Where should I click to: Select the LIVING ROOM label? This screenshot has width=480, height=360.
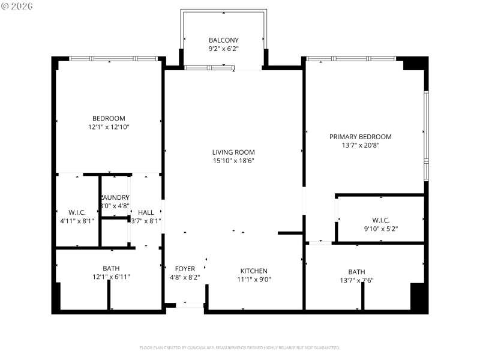click(x=233, y=152)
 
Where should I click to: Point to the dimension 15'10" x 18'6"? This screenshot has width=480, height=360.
click(x=233, y=161)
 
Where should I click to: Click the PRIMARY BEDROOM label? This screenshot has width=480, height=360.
click(x=360, y=137)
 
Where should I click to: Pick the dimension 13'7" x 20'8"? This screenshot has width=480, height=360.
click(x=360, y=145)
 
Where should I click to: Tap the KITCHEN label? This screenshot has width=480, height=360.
click(x=254, y=271)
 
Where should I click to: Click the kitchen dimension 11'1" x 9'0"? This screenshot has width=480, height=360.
click(x=254, y=280)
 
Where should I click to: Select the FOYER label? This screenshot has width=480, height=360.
click(x=185, y=269)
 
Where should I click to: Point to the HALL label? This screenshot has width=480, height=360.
click(x=146, y=212)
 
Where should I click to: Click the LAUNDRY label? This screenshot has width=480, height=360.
click(x=115, y=197)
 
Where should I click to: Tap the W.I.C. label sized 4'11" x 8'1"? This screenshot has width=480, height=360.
click(x=77, y=212)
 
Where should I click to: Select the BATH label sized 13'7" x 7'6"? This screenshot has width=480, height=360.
click(x=356, y=271)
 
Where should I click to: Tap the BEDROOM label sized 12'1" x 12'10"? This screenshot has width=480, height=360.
click(x=109, y=118)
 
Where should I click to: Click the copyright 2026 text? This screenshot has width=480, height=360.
click(x=17, y=5)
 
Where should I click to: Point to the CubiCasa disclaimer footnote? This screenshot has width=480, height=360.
click(x=239, y=347)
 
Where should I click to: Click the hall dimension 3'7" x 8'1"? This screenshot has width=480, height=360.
click(x=146, y=221)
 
